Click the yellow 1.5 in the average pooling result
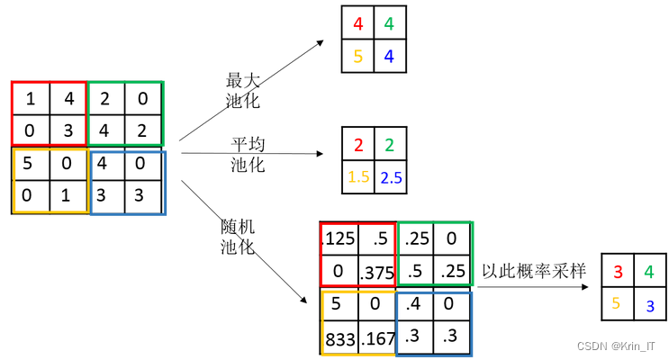359,177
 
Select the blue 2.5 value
390,177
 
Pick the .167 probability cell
377,338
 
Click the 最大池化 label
241,90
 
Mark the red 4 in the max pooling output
358,24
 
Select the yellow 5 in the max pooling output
358,56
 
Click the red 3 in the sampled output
618,271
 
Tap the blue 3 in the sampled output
649,305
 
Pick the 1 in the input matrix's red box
31,98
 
